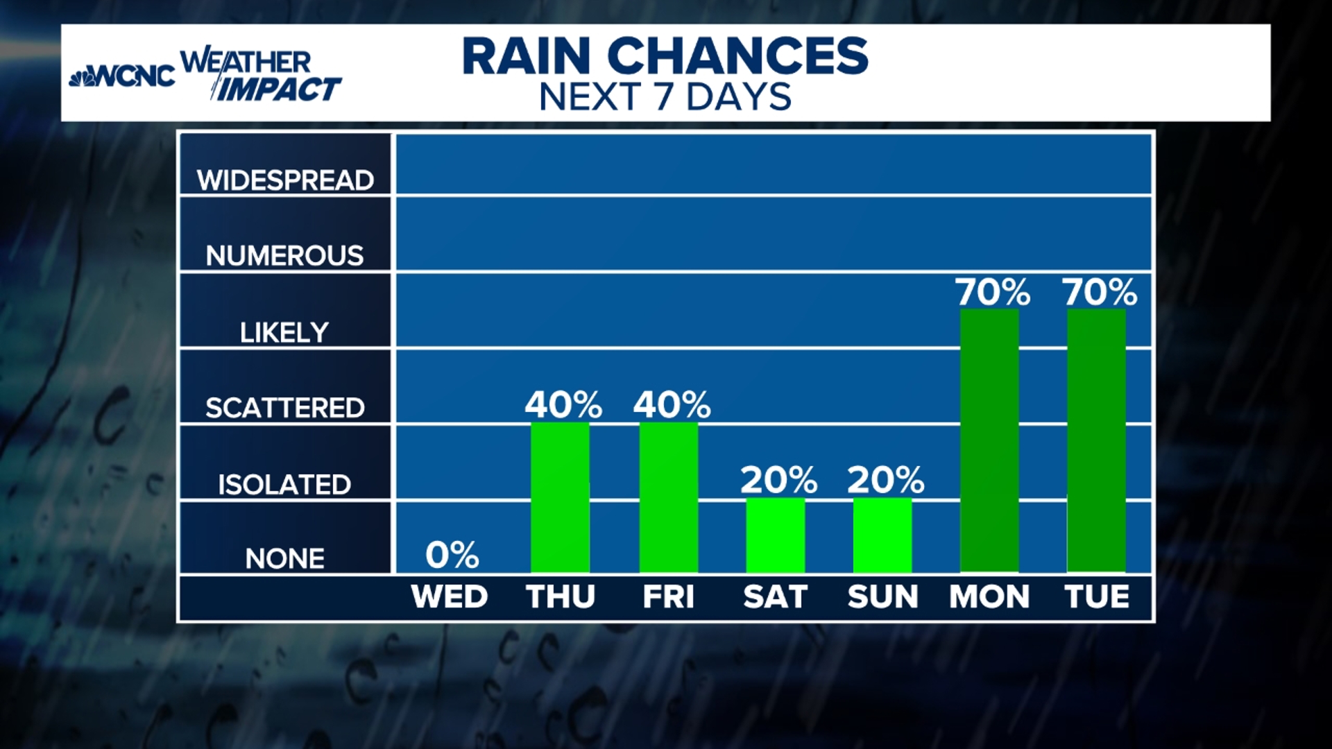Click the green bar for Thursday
560,497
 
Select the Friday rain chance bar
668,497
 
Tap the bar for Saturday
776,535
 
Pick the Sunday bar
882,535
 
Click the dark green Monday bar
989,440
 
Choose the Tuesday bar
1096,440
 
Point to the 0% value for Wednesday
452,555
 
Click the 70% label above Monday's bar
993,292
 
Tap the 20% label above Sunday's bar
886,480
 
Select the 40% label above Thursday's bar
563,404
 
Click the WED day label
450,597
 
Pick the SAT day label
775,597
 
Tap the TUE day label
1097,597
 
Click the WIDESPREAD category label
285,180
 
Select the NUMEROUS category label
284,256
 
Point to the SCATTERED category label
284,408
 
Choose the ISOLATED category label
284,484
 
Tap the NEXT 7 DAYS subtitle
665,97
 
